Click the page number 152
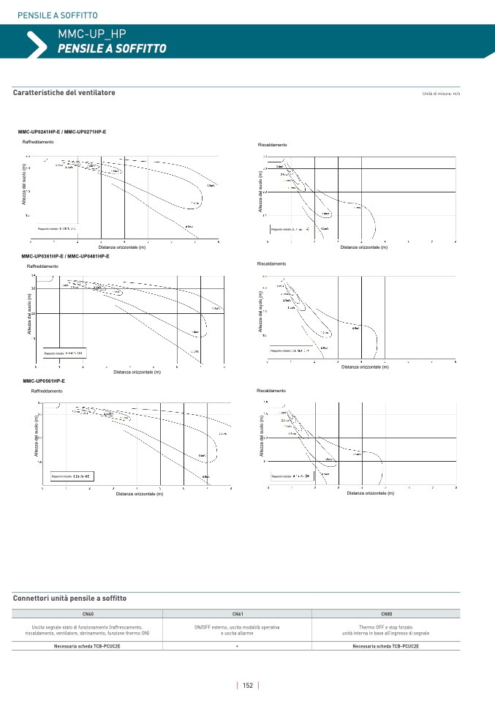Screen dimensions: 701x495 point(248,686)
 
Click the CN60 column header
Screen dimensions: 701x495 point(87,613)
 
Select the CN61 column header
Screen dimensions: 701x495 point(238,613)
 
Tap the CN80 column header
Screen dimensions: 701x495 point(386,613)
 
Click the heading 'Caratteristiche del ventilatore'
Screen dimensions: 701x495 point(64,93)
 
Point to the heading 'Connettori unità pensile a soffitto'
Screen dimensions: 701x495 point(70,599)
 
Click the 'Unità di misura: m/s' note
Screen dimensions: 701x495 point(441,94)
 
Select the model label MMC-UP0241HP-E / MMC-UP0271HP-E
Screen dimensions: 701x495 point(62,132)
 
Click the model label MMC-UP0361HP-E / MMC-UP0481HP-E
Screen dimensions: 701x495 point(66,257)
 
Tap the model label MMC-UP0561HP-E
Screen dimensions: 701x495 point(44,381)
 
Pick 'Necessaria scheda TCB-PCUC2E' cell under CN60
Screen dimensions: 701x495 point(87,646)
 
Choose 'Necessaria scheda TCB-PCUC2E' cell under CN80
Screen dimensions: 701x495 point(386,646)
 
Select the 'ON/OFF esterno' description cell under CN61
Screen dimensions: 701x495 point(238,630)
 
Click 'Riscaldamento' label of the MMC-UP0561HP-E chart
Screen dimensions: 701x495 point(271,391)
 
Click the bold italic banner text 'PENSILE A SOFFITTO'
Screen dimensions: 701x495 point(112,48)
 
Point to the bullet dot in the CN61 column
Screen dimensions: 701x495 point(238,646)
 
